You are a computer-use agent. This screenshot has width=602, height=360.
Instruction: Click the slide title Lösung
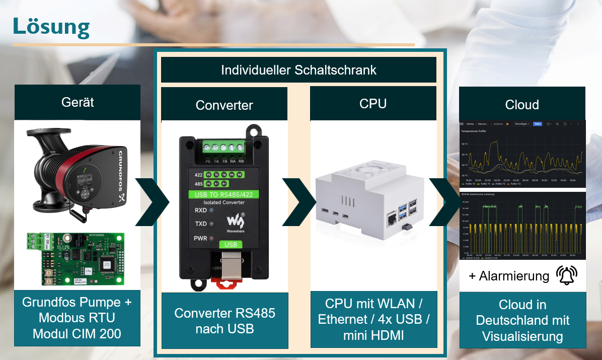(51, 27)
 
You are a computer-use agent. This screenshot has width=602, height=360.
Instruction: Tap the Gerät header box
(78, 102)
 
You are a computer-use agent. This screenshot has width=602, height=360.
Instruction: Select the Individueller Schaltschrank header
(298, 70)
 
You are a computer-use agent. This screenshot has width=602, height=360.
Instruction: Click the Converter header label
(224, 105)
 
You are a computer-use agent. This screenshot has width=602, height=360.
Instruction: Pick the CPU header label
(373, 104)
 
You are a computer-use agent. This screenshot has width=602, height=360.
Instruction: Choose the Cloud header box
(522, 105)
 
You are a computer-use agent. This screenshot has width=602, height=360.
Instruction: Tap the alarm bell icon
(567, 275)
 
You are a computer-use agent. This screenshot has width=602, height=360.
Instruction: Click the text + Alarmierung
(509, 276)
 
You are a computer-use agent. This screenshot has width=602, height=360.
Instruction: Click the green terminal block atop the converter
(223, 148)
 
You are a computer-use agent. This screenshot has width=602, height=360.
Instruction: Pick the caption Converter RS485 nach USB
(224, 321)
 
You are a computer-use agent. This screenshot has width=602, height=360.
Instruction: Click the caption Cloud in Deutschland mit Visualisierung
(522, 320)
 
